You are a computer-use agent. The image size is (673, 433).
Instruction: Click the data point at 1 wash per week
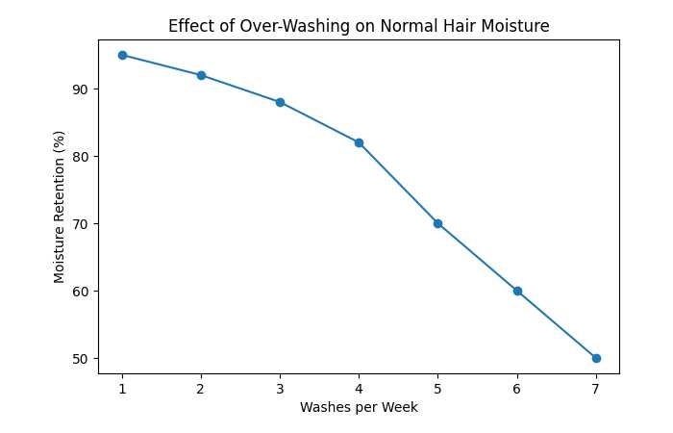[x=122, y=55]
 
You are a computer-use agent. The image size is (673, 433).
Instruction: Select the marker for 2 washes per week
[x=201, y=75]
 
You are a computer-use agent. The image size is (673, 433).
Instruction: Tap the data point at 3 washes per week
[x=280, y=102]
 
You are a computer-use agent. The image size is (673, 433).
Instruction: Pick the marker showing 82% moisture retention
[x=359, y=142]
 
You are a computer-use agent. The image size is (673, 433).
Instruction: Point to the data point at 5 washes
[x=437, y=223]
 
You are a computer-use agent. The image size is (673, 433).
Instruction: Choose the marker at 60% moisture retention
[x=517, y=291]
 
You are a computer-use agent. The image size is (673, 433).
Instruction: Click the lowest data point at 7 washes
[x=596, y=358]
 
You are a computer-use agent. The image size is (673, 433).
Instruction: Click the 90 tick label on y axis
[x=80, y=89]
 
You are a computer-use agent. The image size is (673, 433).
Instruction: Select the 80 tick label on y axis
[x=80, y=157]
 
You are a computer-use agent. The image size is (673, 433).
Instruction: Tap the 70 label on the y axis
[x=80, y=224]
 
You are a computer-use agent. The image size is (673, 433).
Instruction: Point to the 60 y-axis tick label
[x=80, y=292]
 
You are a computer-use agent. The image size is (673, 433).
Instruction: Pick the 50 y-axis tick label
[x=80, y=359]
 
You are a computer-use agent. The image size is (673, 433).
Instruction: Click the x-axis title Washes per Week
[x=359, y=407]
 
